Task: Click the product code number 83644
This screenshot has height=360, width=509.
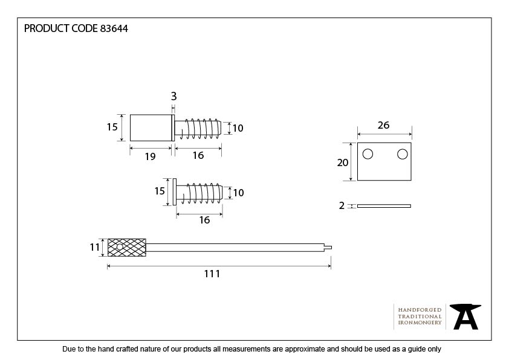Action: click(114, 28)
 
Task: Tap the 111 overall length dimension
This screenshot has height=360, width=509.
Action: click(212, 274)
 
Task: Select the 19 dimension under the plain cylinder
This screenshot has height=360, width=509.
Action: click(150, 156)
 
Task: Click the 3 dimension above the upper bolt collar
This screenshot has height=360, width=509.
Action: click(173, 96)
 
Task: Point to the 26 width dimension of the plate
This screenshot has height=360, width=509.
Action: click(383, 125)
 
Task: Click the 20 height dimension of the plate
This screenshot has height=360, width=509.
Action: click(343, 162)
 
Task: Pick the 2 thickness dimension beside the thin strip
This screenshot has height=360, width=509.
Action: click(342, 205)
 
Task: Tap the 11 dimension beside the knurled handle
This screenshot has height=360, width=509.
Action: click(95, 248)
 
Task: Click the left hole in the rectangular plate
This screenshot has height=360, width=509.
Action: click(368, 154)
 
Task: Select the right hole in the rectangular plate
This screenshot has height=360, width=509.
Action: click(402, 154)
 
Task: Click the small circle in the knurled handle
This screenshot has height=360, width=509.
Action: click(120, 247)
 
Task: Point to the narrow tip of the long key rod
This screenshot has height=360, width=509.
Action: click(328, 248)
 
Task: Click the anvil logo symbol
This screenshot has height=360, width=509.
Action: click(465, 317)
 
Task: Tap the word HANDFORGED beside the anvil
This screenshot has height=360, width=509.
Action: click(420, 310)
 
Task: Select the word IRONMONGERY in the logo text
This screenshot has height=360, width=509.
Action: click(420, 323)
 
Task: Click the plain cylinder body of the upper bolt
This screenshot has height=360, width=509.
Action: click(151, 128)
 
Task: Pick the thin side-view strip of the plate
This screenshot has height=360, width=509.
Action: click(384, 206)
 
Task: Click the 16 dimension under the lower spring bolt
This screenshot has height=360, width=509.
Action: click(204, 220)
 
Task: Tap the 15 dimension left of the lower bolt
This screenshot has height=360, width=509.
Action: click(160, 191)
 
